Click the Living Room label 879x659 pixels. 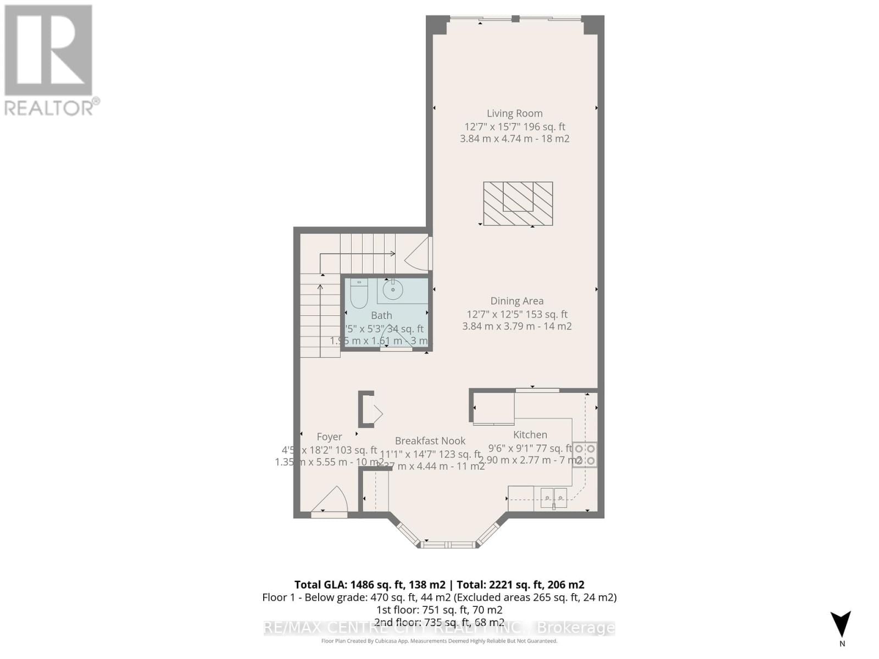coord(514,114)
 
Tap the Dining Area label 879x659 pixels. coord(517,301)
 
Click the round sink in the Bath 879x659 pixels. coord(393,290)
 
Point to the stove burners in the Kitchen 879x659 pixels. coord(585,455)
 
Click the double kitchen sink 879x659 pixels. coord(553,498)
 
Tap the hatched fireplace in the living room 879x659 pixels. coord(518,203)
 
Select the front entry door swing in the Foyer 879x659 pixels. coord(331,501)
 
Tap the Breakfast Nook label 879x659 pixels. coord(430,441)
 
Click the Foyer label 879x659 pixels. coord(329,437)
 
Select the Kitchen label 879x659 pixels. coord(530,435)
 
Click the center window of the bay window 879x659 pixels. coord(448,545)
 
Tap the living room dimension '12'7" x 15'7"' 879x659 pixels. coord(492,127)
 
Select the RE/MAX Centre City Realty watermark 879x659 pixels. coord(439,628)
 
